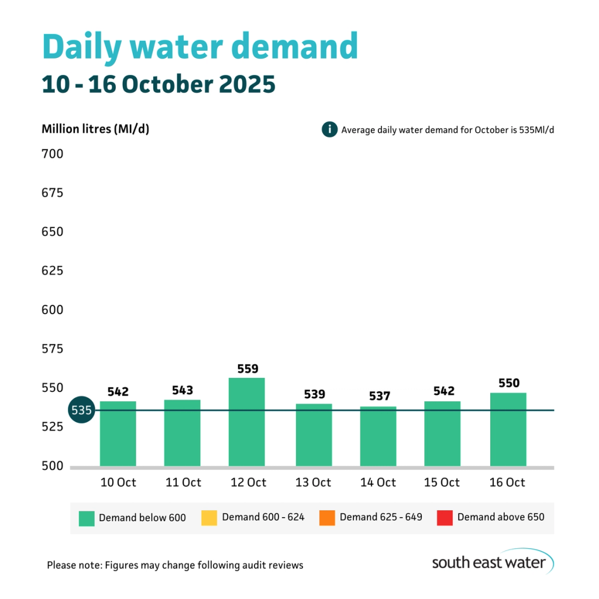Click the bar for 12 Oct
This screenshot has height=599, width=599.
pyautogui.click(x=246, y=422)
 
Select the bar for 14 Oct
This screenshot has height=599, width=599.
pyautogui.click(x=378, y=436)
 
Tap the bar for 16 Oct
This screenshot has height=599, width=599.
pyautogui.click(x=508, y=429)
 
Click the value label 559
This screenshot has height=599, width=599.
pyautogui.click(x=247, y=369)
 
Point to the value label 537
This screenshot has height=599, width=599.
pyautogui.click(x=379, y=397)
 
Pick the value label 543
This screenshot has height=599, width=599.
pyautogui.click(x=183, y=390)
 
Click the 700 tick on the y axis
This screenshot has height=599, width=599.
pyautogui.click(x=52, y=154)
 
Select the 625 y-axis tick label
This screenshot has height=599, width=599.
pyautogui.click(x=52, y=271)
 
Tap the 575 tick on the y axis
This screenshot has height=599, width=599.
pyautogui.click(x=52, y=349)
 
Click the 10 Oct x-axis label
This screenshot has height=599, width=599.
pyautogui.click(x=118, y=483)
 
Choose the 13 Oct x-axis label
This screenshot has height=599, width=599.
pyautogui.click(x=313, y=483)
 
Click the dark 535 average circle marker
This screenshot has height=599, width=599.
pyautogui.click(x=81, y=411)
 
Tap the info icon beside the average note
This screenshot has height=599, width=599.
pyautogui.click(x=329, y=129)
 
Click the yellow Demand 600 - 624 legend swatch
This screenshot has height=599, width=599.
pyautogui.click(x=209, y=518)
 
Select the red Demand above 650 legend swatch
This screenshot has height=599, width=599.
pyautogui.click(x=444, y=518)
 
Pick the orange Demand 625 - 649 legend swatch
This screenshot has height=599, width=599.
pyautogui.click(x=326, y=518)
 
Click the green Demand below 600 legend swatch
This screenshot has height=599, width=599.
pyautogui.click(x=86, y=518)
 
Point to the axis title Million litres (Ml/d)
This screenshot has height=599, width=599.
pyautogui.click(x=95, y=129)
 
